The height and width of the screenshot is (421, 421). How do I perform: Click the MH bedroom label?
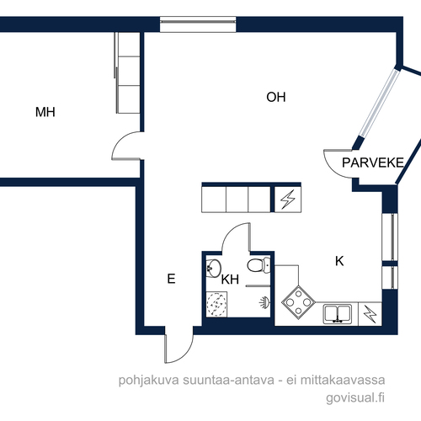coord(45,112)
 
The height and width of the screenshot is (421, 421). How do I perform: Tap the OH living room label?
coord(276,97)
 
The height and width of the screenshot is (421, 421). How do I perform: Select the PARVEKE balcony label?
coord(373,163)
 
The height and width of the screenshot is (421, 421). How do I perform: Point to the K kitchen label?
coord(339,261)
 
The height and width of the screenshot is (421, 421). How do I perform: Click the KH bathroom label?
coord(230,280)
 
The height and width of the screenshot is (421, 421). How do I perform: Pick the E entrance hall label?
coord(171,279)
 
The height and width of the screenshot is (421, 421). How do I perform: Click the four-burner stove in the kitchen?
coord(298,302)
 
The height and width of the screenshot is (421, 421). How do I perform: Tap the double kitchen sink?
coord(338,314)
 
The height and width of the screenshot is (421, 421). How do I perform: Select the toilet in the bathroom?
coord(258,264)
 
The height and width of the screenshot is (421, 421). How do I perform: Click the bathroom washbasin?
coord(214,268)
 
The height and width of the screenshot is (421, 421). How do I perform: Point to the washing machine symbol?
coord(216,305)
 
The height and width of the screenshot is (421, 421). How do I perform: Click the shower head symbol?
coord(265,302)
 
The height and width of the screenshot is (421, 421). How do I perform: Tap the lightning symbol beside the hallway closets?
coord(288,200)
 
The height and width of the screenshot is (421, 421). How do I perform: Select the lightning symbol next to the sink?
coord(370,314)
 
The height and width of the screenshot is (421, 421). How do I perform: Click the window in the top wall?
coord(198,24)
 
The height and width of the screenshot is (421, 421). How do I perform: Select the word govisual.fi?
coord(355,398)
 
